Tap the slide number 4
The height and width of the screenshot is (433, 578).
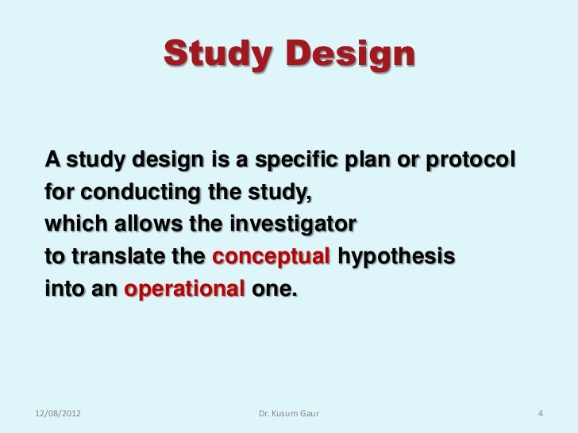click(x=541, y=413)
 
